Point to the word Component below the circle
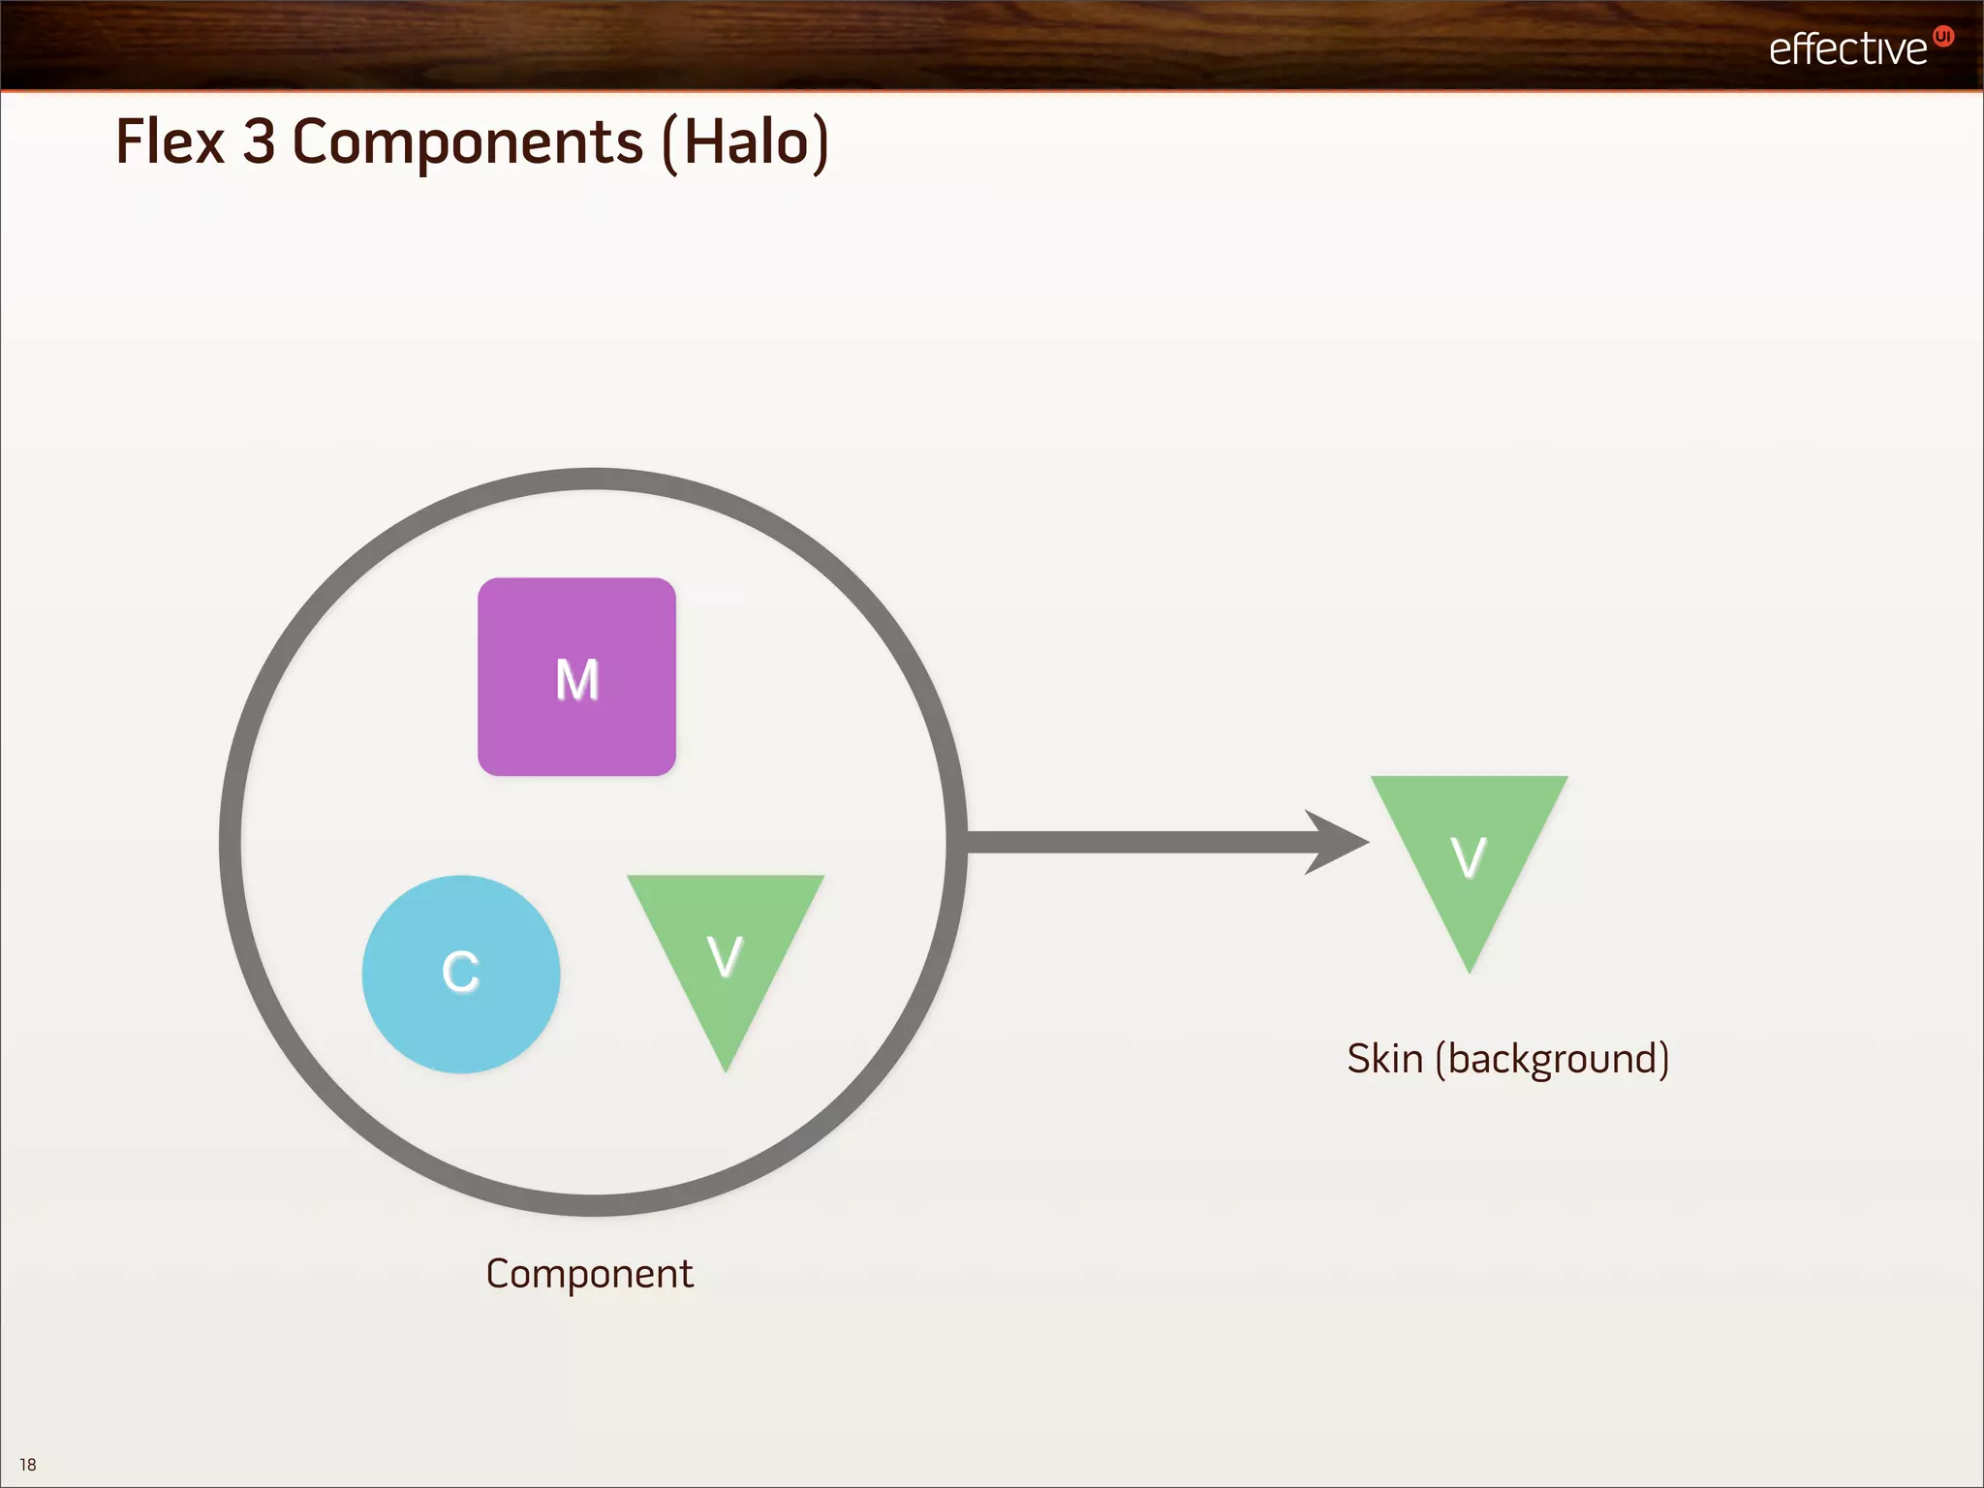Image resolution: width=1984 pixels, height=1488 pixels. (589, 1274)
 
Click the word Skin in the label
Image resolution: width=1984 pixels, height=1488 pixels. (1384, 1059)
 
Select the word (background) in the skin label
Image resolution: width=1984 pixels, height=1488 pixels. (1552, 1060)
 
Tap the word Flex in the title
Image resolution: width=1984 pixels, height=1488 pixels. (170, 141)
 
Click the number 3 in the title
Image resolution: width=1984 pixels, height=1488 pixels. (259, 141)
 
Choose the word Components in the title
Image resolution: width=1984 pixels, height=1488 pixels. (467, 143)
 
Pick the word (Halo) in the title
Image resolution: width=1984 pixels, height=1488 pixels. (746, 143)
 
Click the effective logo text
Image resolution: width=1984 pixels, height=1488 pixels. (1847, 48)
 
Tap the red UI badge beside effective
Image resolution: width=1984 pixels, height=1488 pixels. (1942, 37)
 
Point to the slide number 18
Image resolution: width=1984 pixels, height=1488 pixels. (28, 1465)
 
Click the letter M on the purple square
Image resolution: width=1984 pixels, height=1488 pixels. (577, 679)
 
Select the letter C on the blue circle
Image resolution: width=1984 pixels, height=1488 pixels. (460, 971)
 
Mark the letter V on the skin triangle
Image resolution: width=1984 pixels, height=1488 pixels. (1469, 856)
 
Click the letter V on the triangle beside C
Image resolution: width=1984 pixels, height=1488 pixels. (725, 956)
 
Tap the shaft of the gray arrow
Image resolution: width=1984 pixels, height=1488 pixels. (1133, 842)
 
